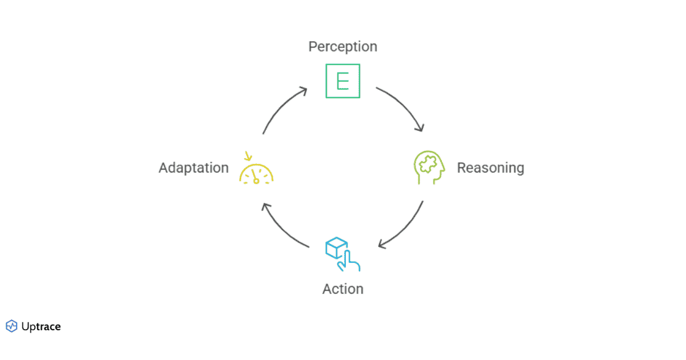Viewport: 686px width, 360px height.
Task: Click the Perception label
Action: pos(342,47)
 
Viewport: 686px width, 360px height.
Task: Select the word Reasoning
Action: pos(490,168)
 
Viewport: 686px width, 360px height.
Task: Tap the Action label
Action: pos(342,289)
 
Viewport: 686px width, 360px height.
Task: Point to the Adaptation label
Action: pos(194,168)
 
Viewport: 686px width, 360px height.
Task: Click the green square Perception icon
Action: pos(343,81)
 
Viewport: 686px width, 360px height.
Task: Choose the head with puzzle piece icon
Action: pos(429,167)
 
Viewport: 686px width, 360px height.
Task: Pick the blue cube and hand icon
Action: pos(342,254)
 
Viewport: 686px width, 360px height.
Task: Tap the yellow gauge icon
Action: pos(256,172)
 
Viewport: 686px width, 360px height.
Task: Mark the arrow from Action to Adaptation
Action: pos(281,229)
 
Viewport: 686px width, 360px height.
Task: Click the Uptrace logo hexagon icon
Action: pos(11,326)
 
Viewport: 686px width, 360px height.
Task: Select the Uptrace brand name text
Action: pos(41,327)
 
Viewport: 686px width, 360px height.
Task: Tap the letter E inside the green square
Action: pos(343,81)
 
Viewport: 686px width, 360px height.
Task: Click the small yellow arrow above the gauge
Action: pos(248,155)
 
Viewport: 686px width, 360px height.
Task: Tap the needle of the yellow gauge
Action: pos(255,175)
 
